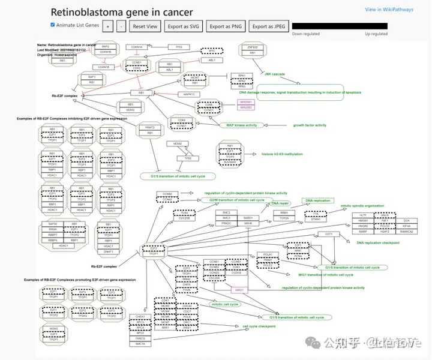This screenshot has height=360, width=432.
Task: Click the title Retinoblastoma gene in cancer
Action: point(122,12)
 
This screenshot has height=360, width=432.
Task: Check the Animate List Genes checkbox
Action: point(53,25)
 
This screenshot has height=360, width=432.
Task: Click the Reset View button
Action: point(145,26)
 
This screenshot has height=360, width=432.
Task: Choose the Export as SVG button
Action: point(184,26)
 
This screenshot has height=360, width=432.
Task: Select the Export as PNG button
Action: point(226,26)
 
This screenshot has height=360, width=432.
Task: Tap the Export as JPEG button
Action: point(268,26)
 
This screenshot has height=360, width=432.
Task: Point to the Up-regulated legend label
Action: point(376,34)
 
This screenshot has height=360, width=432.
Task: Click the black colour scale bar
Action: point(347,26)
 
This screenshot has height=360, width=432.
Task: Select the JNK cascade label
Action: point(274,74)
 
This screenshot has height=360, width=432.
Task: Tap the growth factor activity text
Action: point(310,125)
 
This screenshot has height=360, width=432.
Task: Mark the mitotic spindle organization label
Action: point(362,205)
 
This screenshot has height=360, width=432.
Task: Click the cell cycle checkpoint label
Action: point(259,326)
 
